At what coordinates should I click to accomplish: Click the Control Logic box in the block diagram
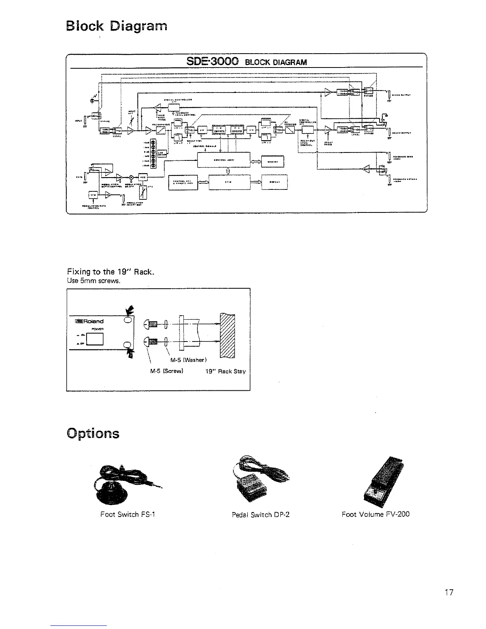[224, 160]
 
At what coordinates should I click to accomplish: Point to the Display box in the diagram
[274, 182]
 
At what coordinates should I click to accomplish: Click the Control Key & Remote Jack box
[182, 183]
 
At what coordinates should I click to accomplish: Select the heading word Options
[93, 432]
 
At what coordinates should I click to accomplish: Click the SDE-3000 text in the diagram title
[212, 61]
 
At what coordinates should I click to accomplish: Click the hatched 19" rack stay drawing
[227, 336]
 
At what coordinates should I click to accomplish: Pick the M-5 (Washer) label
[187, 360]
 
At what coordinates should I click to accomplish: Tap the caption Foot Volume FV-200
[375, 514]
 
